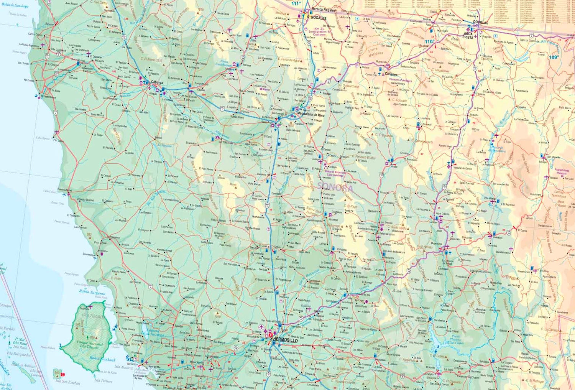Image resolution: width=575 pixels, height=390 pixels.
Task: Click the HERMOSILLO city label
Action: [x=286, y=339]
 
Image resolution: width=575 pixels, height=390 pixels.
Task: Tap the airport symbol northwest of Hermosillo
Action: [x=261, y=327]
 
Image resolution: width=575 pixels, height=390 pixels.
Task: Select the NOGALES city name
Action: [x=319, y=18]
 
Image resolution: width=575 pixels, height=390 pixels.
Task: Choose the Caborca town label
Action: [x=157, y=82]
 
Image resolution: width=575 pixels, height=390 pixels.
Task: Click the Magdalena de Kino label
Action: [x=311, y=115]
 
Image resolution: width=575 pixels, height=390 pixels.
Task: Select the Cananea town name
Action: [x=391, y=74]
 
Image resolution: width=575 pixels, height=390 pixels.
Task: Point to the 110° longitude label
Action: [x=429, y=41]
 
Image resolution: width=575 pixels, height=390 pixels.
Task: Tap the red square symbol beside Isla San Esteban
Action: [x=63, y=374]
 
